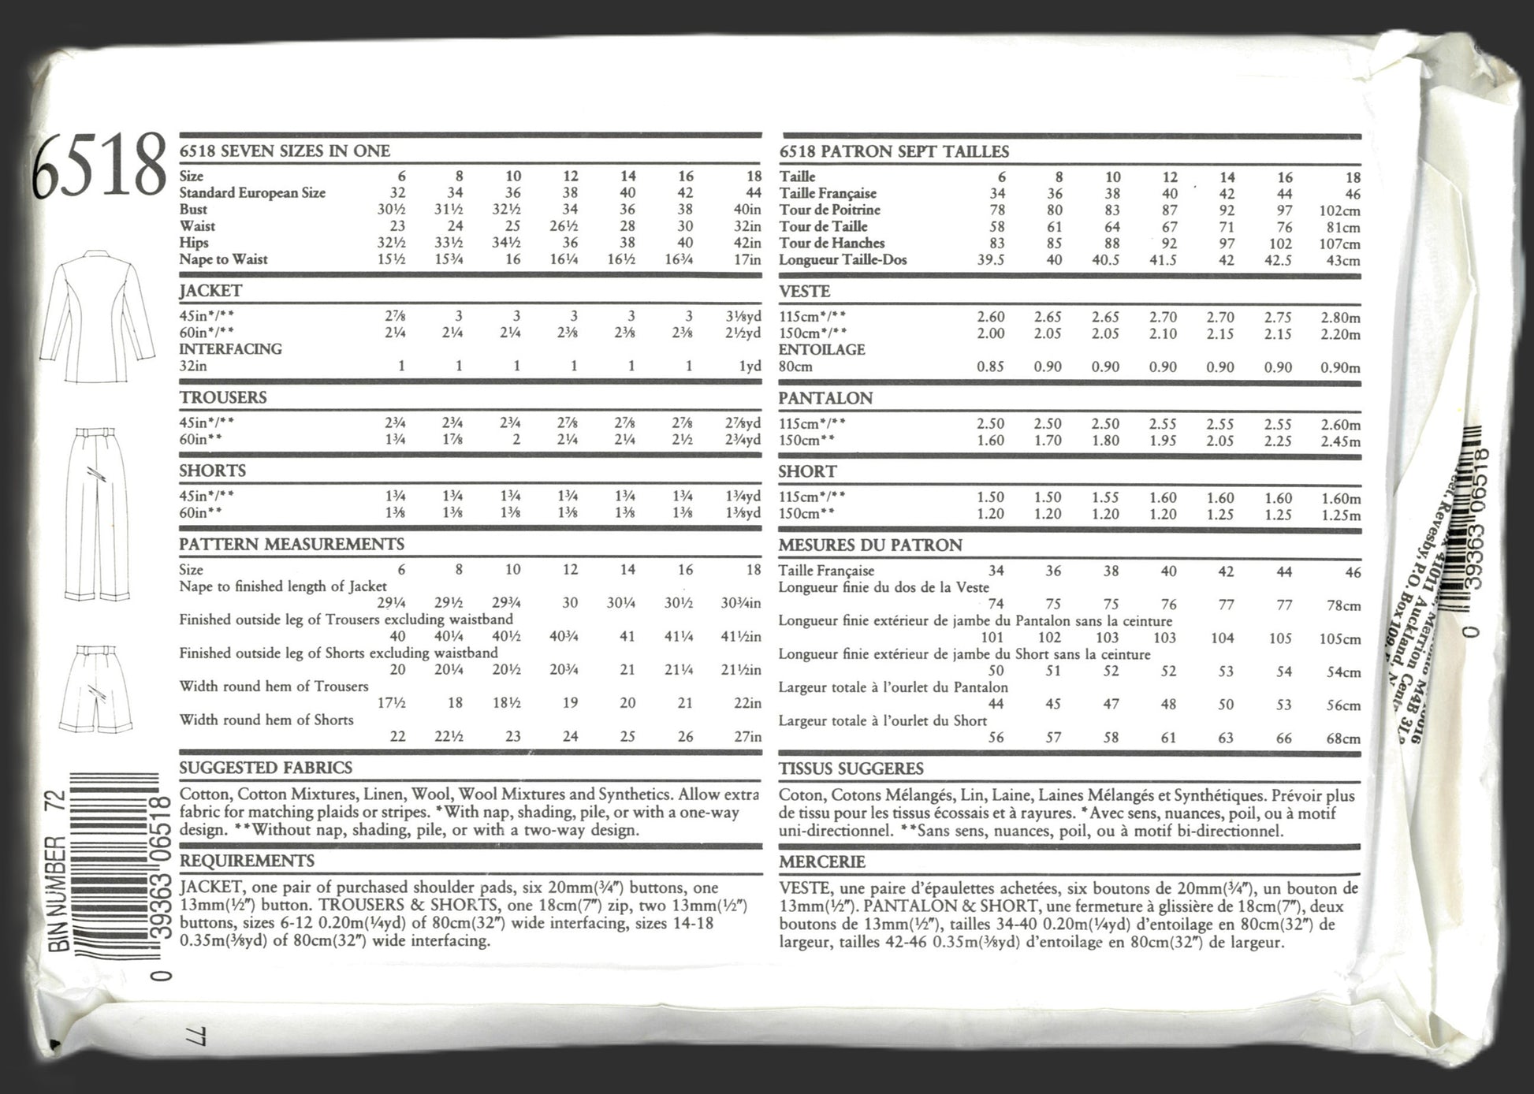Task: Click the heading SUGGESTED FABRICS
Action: [x=266, y=768]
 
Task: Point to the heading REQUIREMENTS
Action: [x=247, y=861]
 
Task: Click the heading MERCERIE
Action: [x=822, y=861]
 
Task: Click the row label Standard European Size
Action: [x=252, y=193]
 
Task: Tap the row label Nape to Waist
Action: [x=223, y=259]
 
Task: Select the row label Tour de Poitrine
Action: [x=829, y=210]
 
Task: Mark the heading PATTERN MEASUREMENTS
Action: [x=291, y=544]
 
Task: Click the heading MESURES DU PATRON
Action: [x=870, y=545]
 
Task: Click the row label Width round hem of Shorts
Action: [x=266, y=720]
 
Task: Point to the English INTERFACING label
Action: [x=230, y=349]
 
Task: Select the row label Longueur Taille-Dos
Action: [x=843, y=260]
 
